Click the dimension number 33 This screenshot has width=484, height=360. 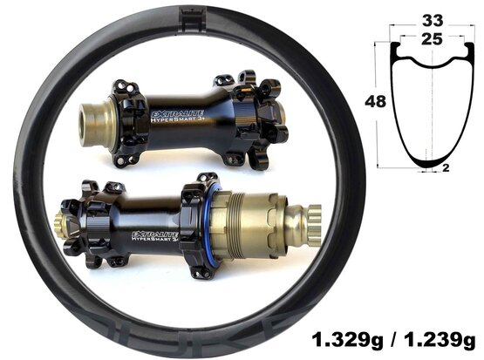coord(433,21)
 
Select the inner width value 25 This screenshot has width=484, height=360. coord(432,39)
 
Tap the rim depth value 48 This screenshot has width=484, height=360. coord(375,101)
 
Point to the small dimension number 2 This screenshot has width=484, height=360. coord(446,168)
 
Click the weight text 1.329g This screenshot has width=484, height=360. coord(347,341)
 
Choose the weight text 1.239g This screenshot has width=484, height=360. coord(440,341)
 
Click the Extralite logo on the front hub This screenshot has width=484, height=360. coord(176,114)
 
